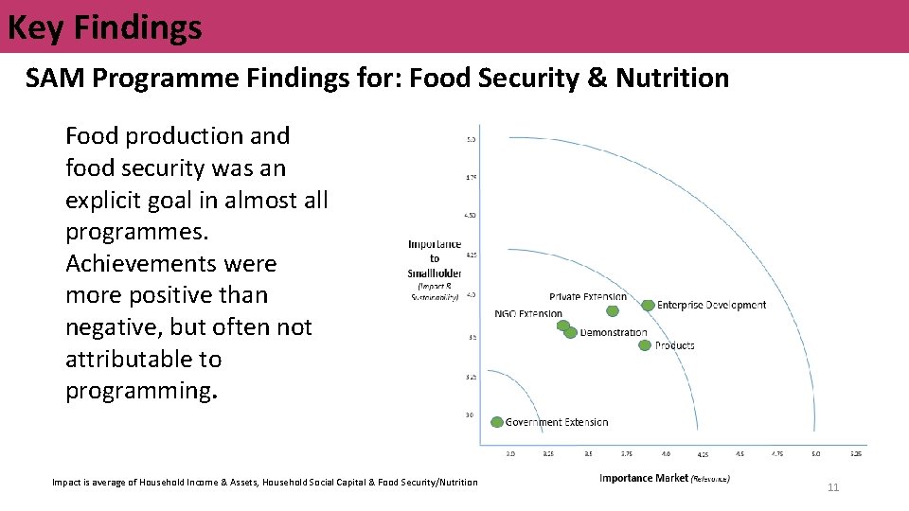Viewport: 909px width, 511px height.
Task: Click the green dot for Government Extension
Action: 497,422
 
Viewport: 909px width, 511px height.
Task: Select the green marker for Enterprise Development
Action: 648,305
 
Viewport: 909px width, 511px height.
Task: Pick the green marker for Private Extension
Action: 613,310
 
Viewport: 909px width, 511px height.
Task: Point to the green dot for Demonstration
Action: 570,332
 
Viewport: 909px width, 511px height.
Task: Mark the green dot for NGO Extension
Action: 562,326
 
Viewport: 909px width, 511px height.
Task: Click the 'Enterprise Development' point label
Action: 711,305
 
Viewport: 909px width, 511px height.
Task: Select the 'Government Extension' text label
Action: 557,422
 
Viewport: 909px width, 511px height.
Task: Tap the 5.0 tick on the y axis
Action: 471,140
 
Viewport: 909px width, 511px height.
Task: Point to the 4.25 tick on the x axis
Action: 703,455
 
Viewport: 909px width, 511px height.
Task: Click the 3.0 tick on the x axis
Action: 510,454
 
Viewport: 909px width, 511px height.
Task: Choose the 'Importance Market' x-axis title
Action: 644,478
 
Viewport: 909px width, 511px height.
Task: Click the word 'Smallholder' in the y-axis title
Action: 435,273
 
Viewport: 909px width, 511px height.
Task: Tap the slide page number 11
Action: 833,487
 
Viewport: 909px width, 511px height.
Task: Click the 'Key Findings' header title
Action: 104,26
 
